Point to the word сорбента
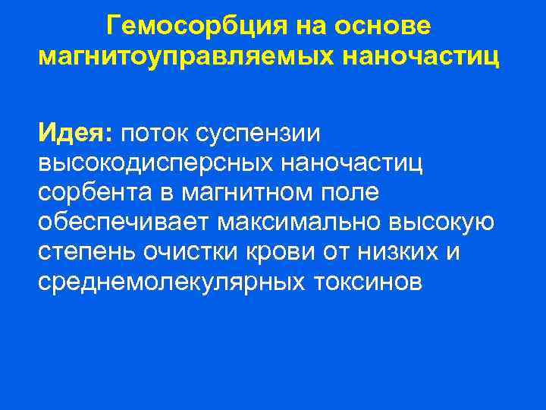(x=94, y=193)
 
